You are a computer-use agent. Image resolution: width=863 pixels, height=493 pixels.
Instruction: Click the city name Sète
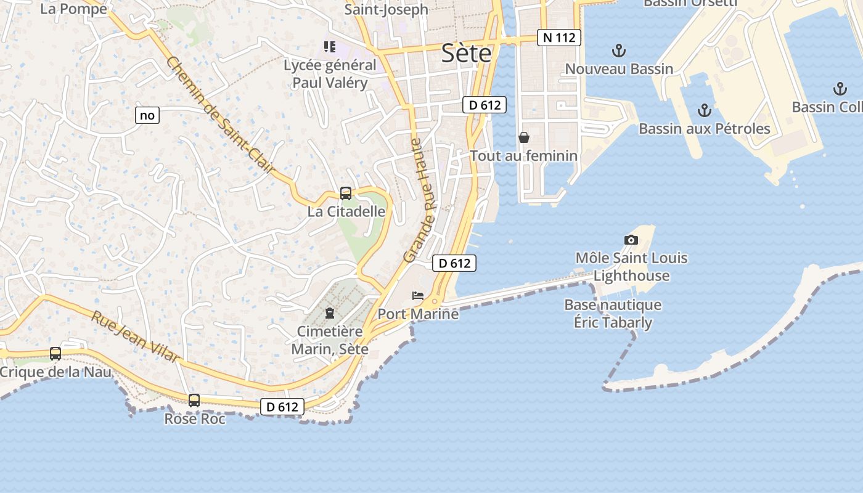(x=467, y=54)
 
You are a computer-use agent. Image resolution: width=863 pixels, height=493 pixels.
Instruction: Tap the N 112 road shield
(x=559, y=38)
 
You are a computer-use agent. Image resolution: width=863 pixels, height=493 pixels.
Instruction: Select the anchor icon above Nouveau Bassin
(x=618, y=51)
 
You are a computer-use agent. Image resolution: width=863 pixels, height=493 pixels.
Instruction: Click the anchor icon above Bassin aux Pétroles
(x=704, y=111)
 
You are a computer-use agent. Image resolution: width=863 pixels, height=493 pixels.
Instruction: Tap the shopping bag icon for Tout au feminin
(x=524, y=137)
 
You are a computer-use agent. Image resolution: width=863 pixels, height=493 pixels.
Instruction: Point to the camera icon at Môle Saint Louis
(x=631, y=240)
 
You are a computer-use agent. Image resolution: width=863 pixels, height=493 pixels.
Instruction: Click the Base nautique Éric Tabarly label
(x=612, y=314)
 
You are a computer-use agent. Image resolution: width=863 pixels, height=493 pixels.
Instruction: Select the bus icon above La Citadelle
(x=346, y=194)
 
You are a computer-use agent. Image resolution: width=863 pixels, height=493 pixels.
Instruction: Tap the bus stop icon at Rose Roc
(x=194, y=401)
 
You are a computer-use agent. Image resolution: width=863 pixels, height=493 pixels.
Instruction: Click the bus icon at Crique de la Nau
(x=55, y=354)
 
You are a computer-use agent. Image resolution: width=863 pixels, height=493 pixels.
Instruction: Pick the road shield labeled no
(x=147, y=115)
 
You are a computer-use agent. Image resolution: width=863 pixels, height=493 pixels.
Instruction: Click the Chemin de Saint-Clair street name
(x=220, y=115)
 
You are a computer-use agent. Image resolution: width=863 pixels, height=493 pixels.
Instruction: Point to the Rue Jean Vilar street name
(x=136, y=336)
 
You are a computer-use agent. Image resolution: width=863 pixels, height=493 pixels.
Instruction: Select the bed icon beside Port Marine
(x=418, y=296)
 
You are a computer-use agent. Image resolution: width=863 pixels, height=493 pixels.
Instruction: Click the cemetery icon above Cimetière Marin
(x=330, y=313)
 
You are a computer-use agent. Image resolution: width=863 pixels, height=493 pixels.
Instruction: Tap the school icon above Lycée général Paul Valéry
(x=330, y=47)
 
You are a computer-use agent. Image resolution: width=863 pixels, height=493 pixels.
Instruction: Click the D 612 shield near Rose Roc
(x=282, y=407)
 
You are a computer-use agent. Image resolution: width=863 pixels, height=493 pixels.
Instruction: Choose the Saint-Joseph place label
(x=386, y=9)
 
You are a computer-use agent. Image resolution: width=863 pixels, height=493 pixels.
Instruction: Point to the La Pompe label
(x=73, y=9)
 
